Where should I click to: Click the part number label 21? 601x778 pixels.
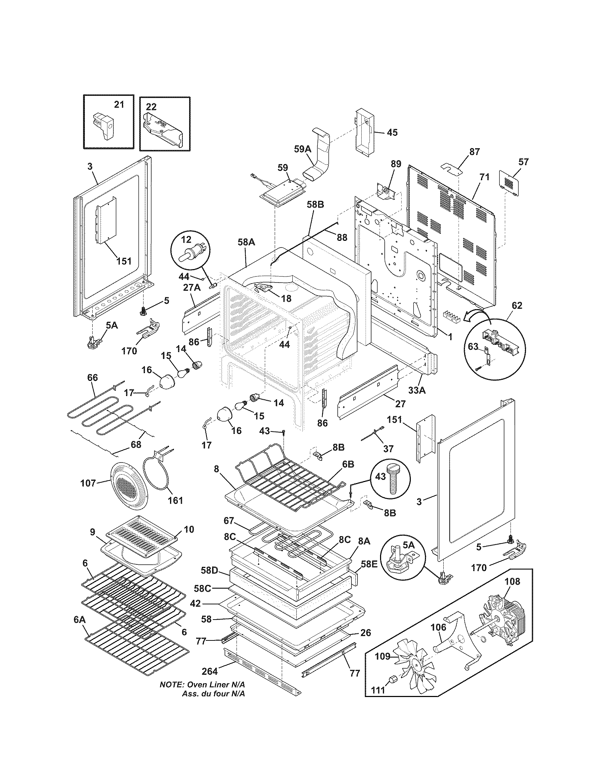click(119, 105)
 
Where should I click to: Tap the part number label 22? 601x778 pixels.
click(151, 107)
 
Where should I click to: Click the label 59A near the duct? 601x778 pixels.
click(303, 149)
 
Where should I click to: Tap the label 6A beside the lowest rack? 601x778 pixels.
click(80, 619)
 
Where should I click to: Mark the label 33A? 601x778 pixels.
click(417, 390)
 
